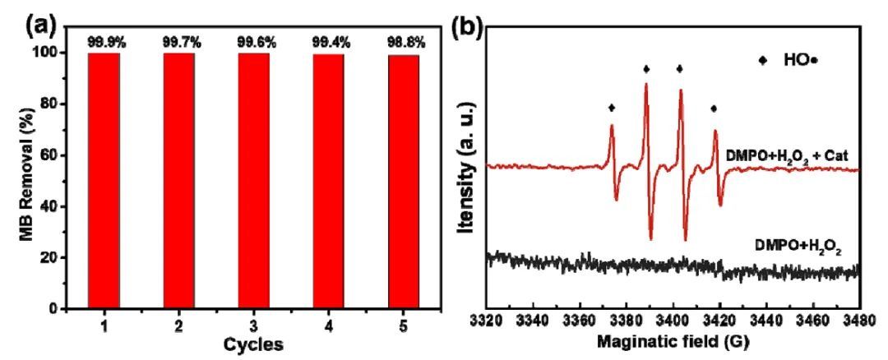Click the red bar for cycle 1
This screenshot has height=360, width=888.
pos(104,181)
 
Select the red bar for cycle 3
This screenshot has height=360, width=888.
pos(254,181)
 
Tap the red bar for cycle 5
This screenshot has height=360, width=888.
pos(404,181)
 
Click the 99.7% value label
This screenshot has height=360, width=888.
pos(179,41)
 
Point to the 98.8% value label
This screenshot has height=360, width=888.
pos(404,41)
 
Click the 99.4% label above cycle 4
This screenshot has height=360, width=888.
pos(329,41)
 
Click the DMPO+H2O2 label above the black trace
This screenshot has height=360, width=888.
pos(795,244)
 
